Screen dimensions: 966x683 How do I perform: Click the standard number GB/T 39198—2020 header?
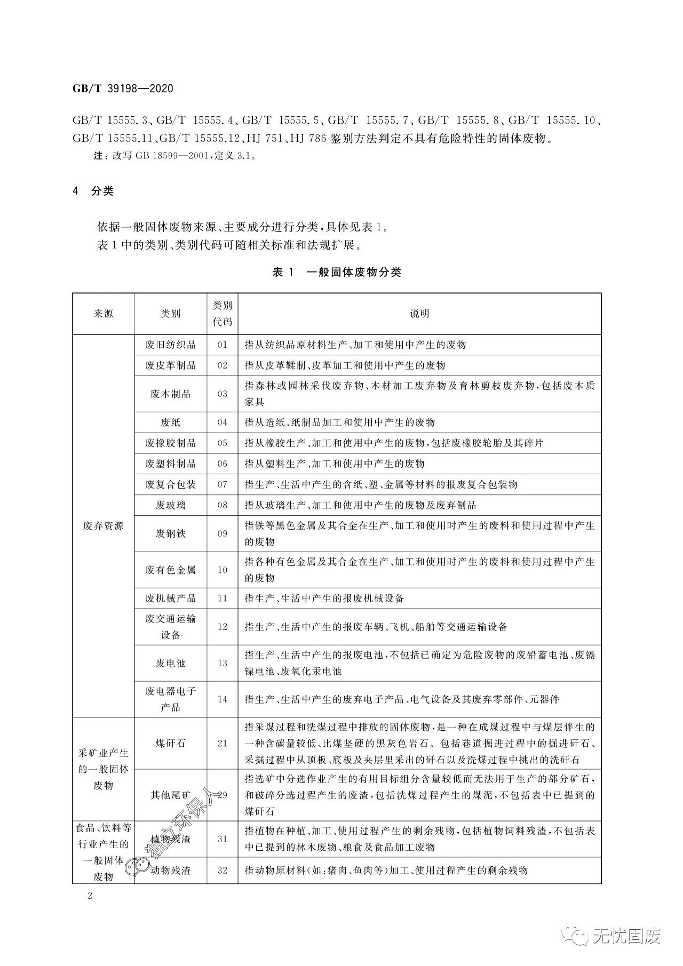pos(123,89)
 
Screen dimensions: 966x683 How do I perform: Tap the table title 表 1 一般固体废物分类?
pos(337,272)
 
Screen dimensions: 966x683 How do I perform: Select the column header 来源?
pos(103,314)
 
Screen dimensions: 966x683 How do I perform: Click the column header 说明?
pos(419,314)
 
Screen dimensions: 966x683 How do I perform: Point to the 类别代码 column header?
pos(223,314)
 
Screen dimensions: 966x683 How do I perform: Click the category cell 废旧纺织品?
pos(170,345)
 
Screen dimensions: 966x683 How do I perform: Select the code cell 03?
pos(223,394)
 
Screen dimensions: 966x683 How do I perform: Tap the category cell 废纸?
pos(170,422)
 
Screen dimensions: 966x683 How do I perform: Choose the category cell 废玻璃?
pos(170,505)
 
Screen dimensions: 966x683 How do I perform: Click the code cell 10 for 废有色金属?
pos(223,570)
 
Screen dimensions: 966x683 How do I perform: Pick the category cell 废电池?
pos(170,663)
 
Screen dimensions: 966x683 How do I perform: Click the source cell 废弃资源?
pos(103,526)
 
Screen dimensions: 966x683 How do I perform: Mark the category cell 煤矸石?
pos(170,743)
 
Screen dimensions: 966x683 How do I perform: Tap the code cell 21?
pos(223,743)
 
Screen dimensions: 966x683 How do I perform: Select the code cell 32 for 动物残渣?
pos(223,870)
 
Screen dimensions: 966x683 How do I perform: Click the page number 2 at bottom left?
pos(90,896)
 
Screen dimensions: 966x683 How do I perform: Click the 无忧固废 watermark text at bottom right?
pos(626,936)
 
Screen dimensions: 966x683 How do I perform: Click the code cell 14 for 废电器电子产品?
pos(223,699)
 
